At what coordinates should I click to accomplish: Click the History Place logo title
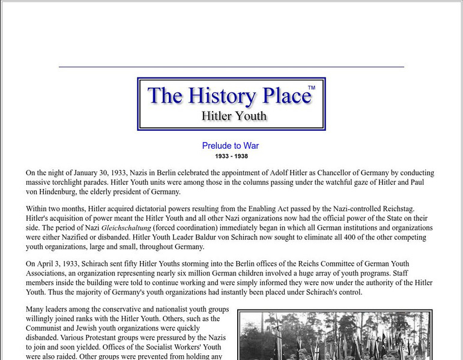tap(229, 96)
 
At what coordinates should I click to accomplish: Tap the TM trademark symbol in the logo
tap(311, 88)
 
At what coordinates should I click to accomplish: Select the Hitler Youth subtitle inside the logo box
tap(234, 116)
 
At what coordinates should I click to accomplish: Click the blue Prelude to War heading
tap(231, 146)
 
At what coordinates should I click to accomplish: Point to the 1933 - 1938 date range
tap(231, 157)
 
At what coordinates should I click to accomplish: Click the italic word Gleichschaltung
tap(126, 228)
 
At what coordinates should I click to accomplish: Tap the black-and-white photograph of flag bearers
tap(334, 336)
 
